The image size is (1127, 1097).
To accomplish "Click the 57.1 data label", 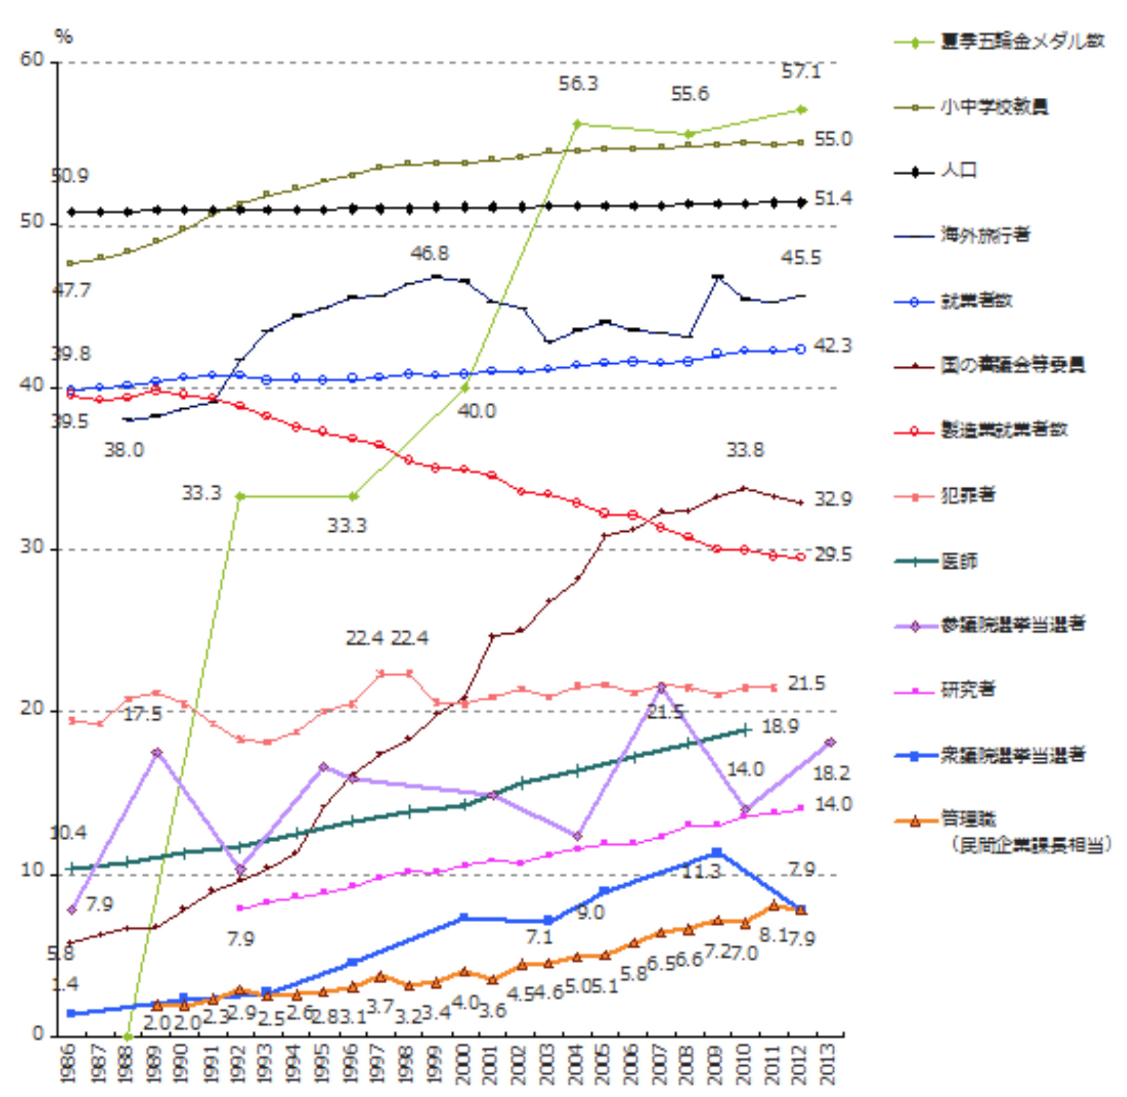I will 800,72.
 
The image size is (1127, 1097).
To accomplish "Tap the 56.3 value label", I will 578,84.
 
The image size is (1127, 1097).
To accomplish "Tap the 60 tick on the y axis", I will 31,60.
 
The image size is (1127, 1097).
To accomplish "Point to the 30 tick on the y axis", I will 31,548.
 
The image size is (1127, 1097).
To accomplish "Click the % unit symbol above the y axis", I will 64,37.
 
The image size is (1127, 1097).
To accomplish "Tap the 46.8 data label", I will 429,254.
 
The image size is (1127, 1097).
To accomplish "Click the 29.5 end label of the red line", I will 832,555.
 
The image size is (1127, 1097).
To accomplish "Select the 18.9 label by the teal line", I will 780,726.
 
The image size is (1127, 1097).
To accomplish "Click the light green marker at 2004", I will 577,124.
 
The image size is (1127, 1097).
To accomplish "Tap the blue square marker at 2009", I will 717,853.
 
